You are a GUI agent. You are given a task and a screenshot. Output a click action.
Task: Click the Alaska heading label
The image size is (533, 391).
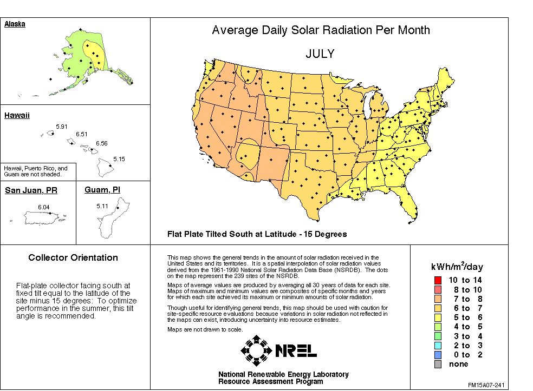coord(15,24)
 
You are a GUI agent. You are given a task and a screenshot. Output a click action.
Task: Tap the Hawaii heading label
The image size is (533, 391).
coord(17,115)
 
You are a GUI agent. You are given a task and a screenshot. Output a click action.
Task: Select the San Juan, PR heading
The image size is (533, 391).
coord(31,190)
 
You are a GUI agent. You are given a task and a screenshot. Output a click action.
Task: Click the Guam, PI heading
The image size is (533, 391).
coord(103,190)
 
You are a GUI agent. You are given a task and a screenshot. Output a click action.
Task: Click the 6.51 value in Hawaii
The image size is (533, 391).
coord(81,134)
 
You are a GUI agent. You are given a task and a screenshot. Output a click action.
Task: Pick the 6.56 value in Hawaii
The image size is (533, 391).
coord(101,143)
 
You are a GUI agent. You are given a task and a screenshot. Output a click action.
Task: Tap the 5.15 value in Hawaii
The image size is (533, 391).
coord(119,159)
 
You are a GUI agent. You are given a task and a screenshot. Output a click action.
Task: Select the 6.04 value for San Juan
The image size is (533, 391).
coord(44,207)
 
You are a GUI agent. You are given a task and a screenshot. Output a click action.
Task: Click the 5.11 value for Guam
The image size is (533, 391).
coord(102,206)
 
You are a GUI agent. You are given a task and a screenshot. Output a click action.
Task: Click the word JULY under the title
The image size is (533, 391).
coord(320,54)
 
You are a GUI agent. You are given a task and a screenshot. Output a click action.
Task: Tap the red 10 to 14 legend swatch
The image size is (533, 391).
coord(438,280)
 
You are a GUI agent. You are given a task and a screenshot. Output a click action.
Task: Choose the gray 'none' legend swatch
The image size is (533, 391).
coord(438,364)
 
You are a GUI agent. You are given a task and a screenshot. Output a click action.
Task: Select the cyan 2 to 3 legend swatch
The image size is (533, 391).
coord(438,345)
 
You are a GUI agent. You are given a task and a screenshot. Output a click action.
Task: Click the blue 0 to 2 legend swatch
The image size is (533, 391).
coord(438,355)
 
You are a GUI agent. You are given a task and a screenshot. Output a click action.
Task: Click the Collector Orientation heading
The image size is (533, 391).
coord(73,258)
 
